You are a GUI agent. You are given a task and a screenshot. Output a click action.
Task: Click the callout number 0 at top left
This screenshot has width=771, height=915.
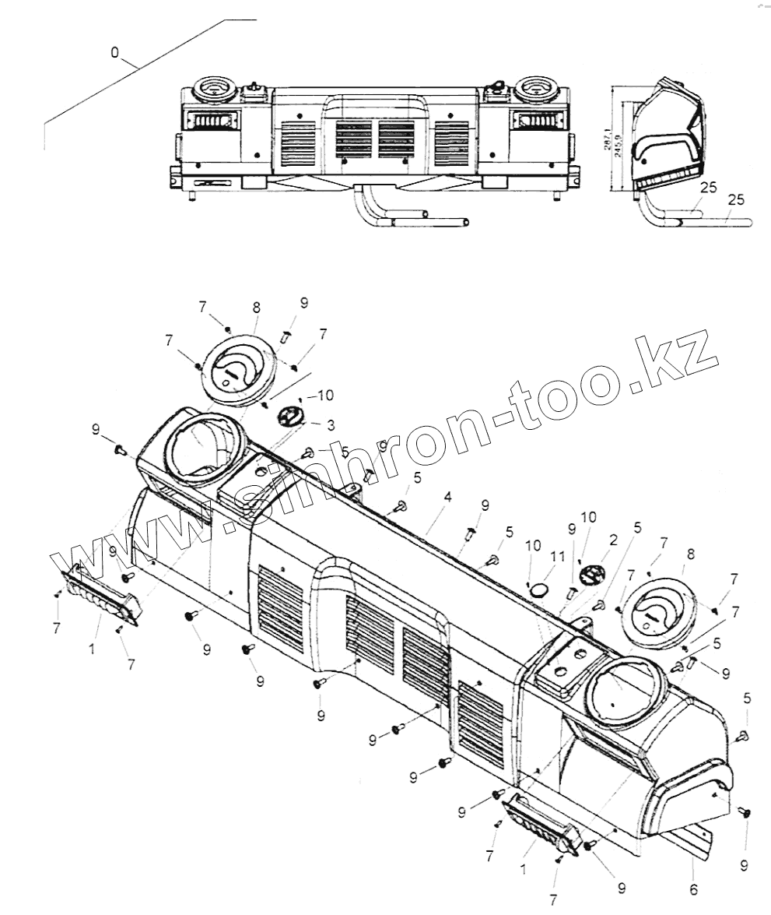point(115,52)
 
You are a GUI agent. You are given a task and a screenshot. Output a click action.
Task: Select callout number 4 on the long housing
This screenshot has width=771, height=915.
point(447,495)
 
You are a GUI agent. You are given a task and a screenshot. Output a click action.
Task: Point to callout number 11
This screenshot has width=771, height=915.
point(555,557)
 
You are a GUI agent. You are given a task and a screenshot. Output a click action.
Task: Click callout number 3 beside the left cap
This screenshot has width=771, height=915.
point(331,424)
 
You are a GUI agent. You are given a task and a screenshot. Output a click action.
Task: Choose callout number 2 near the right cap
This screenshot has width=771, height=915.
point(613,540)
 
